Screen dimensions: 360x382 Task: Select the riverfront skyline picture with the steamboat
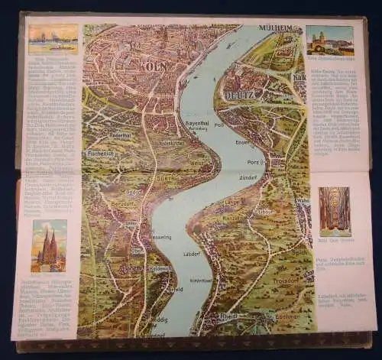(53, 38)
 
